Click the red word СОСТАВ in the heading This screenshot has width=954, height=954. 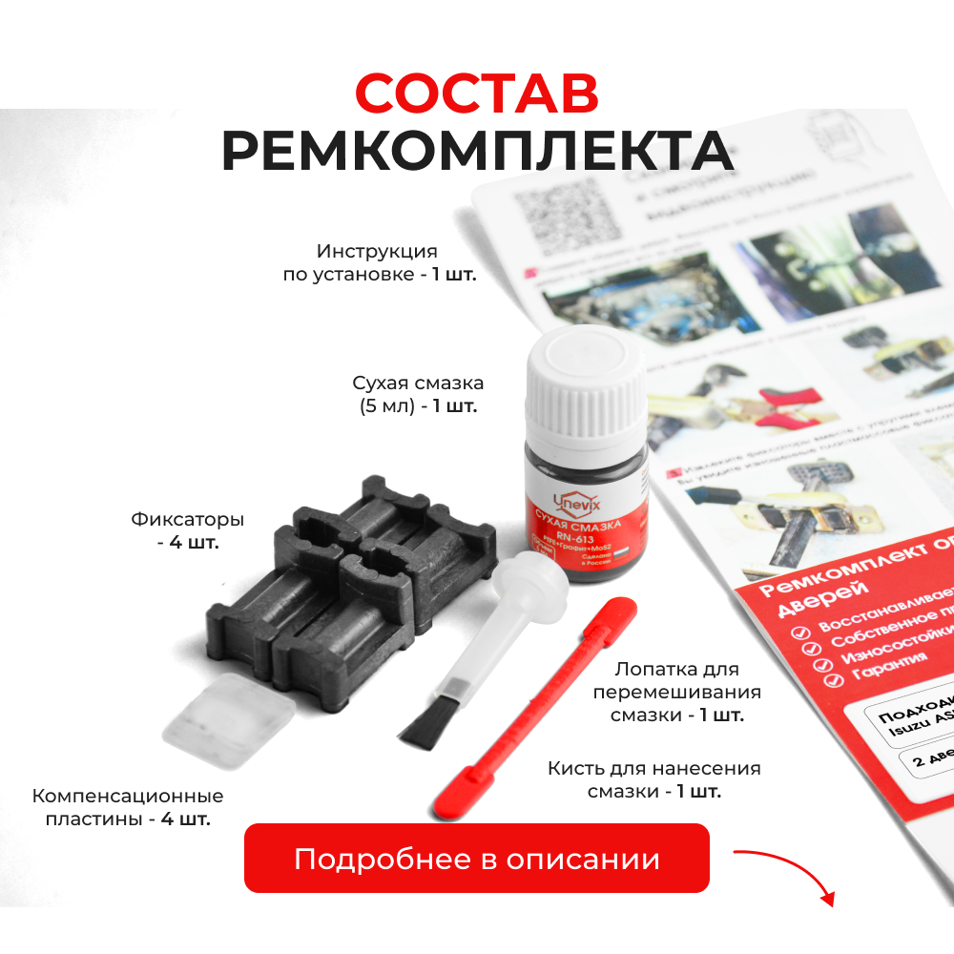[477, 93]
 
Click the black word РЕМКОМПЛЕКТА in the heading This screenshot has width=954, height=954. [477, 151]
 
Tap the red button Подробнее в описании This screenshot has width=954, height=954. [477, 859]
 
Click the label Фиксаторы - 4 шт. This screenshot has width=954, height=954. [188, 531]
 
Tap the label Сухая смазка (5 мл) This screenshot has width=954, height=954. [418, 393]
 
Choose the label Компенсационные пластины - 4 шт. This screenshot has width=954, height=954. [128, 807]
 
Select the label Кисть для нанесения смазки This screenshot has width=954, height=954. [654, 779]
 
